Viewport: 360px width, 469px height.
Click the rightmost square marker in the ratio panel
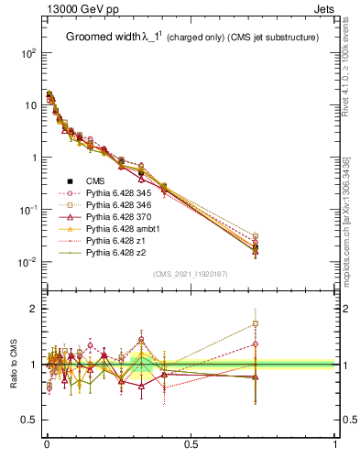(256, 323)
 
